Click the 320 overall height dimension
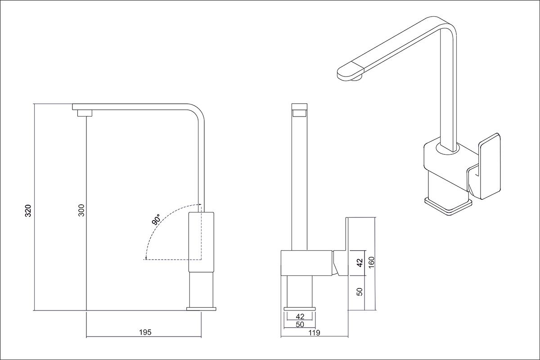pyautogui.click(x=28, y=211)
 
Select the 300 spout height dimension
pyautogui.click(x=82, y=210)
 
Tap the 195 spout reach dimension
pyautogui.click(x=145, y=332)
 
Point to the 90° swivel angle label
pyautogui.click(x=156, y=220)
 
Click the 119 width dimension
pyautogui.click(x=315, y=333)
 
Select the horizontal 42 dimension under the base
pyautogui.click(x=300, y=316)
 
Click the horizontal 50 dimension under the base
pyautogui.click(x=300, y=324)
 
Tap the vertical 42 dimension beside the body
pyautogui.click(x=360, y=263)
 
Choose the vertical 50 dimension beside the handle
pyautogui.click(x=360, y=292)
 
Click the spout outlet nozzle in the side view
pyautogui.click(x=85, y=113)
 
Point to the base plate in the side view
pyautogui.click(x=201, y=309)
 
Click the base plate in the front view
pyautogui.click(x=300, y=309)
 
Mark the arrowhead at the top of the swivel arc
pyautogui.click(x=200, y=204)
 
